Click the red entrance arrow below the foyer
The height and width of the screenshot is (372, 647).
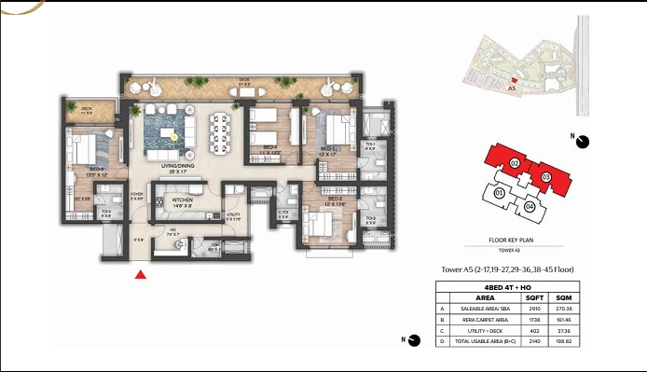[140, 274]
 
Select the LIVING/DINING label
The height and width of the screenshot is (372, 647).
[179, 167]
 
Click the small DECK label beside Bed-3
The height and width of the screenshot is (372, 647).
[87, 109]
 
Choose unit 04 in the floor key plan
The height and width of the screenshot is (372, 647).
[530, 206]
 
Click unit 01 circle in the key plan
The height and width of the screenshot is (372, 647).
[499, 193]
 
